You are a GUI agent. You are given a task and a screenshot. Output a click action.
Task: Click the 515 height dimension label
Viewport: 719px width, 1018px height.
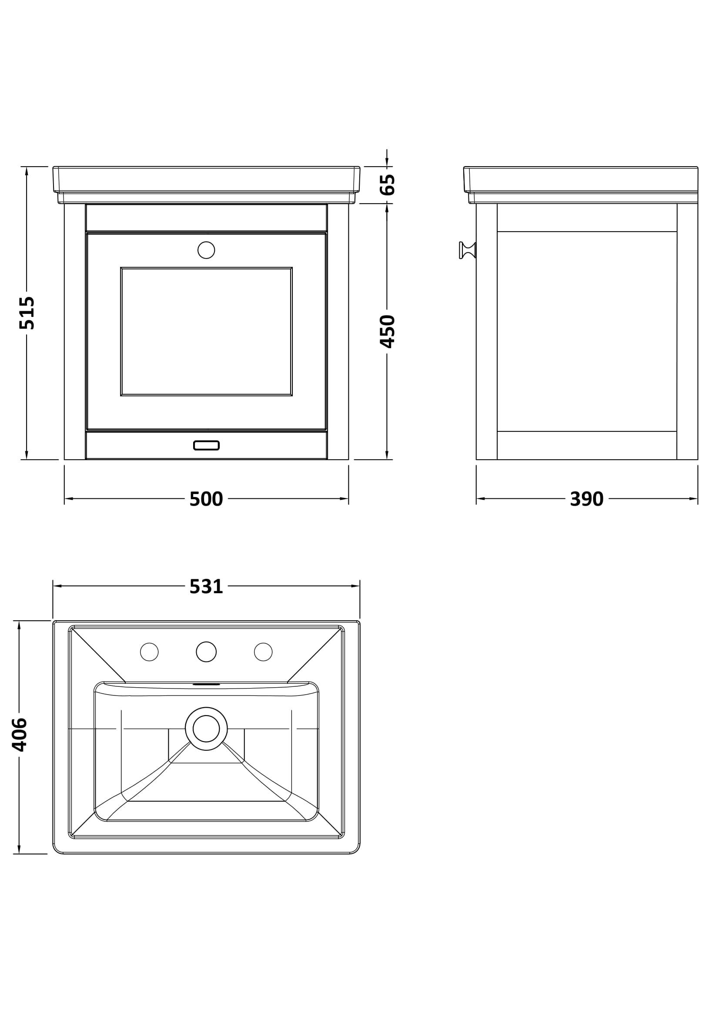(27, 312)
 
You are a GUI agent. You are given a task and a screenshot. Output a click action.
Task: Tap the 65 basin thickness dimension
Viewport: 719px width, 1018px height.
(388, 185)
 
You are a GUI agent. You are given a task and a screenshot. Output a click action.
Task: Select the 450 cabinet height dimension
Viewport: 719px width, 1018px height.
(388, 331)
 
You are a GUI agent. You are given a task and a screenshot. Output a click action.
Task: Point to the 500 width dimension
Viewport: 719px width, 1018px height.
(206, 499)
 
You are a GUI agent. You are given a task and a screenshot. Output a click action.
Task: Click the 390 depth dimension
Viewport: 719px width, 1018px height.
(586, 499)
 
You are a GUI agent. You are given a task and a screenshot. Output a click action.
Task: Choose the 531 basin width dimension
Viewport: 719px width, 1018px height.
(206, 587)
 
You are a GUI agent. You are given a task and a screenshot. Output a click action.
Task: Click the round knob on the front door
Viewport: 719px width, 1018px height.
(206, 250)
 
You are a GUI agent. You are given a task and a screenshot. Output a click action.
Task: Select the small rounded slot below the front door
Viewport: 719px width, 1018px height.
(207, 445)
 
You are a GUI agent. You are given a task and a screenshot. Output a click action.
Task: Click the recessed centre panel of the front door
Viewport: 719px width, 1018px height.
(207, 331)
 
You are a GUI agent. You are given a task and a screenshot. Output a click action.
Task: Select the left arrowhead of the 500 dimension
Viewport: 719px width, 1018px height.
(69, 499)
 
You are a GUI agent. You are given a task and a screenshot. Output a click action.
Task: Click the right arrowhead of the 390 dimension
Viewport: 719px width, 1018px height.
(693, 499)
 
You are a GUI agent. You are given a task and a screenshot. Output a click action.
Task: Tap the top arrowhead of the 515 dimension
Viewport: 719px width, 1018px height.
(27, 171)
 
